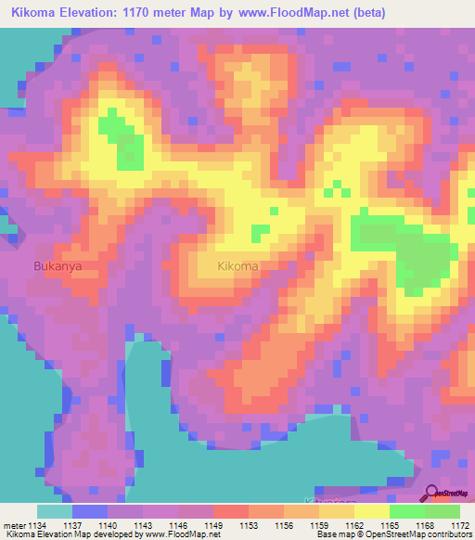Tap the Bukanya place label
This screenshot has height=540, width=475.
pos(58,264)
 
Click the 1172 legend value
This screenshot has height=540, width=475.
pos(460,525)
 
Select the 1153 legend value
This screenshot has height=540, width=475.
pos(250,525)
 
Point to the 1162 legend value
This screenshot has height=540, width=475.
pos(355,525)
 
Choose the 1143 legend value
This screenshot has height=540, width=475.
pos(146,525)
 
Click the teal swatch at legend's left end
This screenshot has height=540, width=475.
pos(55,511)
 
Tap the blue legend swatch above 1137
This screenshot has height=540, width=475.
pos(90,511)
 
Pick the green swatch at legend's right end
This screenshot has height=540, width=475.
pos(443,511)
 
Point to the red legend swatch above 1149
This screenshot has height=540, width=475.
pos(231,511)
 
